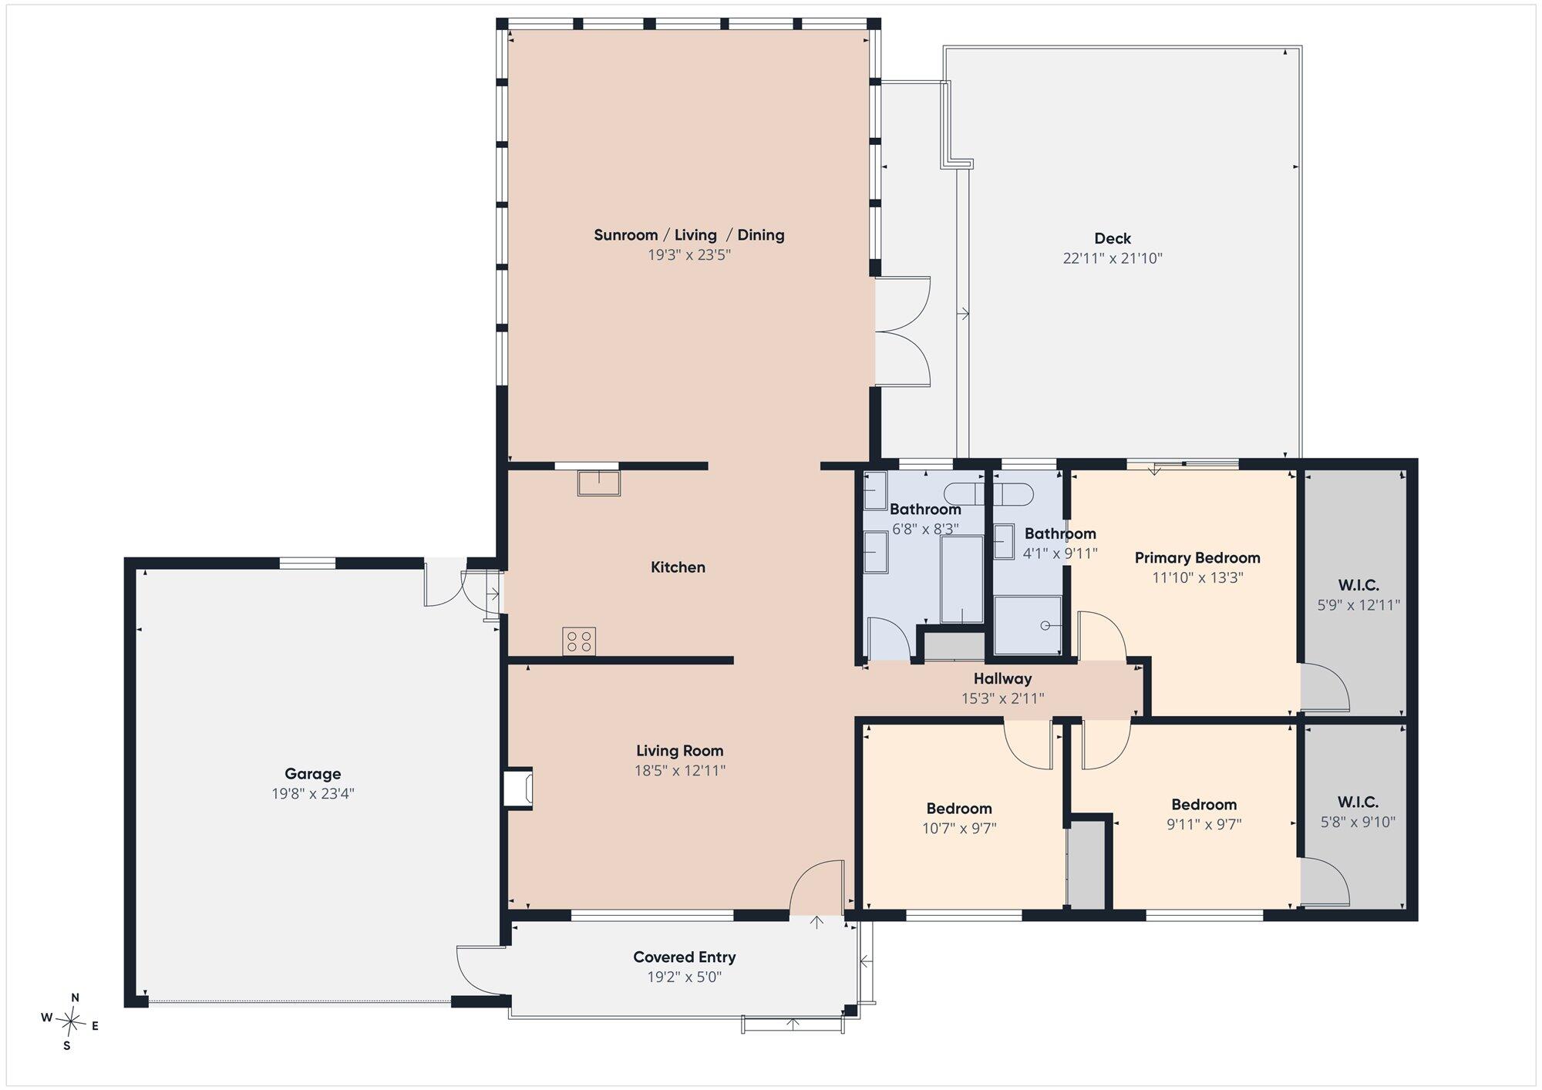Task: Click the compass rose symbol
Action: [x=71, y=1022]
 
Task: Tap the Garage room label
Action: [x=312, y=774]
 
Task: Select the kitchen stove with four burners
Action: [x=579, y=642]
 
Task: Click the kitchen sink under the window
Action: [x=599, y=483]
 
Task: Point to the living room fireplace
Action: [x=518, y=789]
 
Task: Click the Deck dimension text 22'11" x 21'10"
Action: [x=1113, y=258]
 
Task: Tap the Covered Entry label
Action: [x=685, y=957]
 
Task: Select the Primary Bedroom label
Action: [x=1197, y=557]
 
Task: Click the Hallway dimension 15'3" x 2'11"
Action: [x=1002, y=698]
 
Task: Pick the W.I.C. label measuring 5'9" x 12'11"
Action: [x=1359, y=586]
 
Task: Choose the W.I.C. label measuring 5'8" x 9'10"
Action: [x=1359, y=802]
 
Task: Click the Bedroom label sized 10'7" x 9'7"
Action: [x=959, y=809]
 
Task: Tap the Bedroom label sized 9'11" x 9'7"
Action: [x=1204, y=805]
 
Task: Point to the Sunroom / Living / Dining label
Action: [x=689, y=235]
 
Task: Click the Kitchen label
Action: [x=678, y=567]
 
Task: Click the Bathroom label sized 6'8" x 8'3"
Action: [x=925, y=510]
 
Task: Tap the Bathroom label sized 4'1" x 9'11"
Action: [x=1060, y=533]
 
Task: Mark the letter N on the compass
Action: [x=75, y=997]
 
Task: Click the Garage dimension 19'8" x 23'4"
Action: [x=312, y=794]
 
